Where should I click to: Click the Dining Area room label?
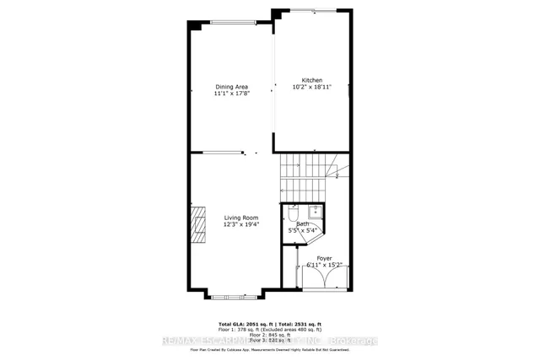pos(230,87)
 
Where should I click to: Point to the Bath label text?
pos(301,223)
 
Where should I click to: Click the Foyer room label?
pos(324,258)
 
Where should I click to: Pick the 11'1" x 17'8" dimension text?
pos(230,94)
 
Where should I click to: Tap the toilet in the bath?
pos(293,213)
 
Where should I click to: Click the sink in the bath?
pos(311,211)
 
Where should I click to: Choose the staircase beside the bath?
pos(308,177)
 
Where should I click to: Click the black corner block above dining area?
pos(195,25)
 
